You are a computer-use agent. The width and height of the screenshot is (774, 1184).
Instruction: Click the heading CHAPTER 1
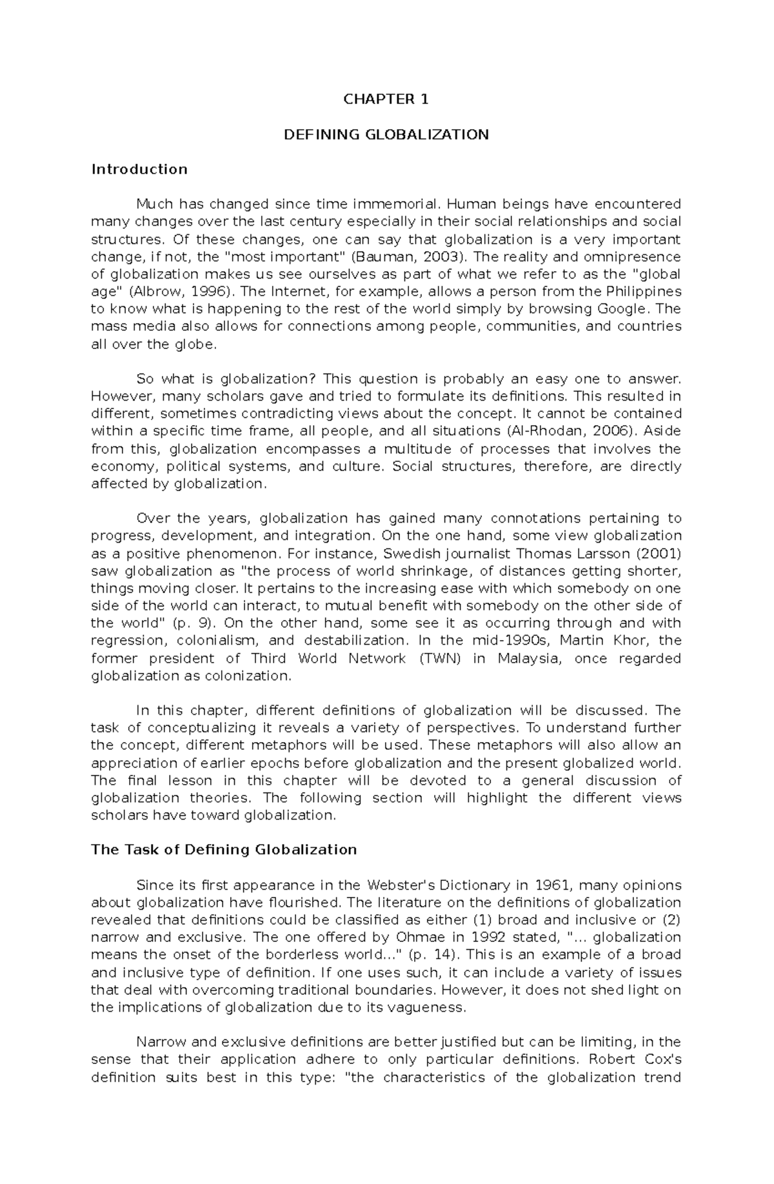click(386, 99)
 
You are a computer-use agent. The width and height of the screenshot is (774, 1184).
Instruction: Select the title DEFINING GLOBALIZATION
click(386, 135)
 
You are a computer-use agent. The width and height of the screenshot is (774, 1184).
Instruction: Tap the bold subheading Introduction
click(139, 169)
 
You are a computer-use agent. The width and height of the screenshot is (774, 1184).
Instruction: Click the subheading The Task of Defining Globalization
click(224, 850)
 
